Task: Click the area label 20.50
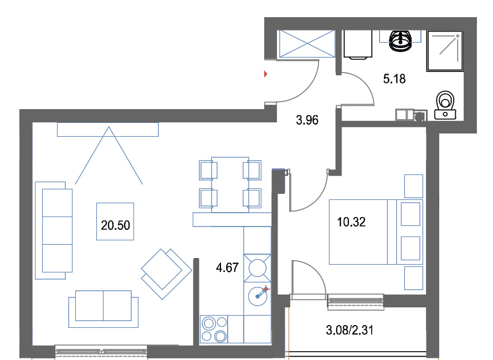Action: (115, 225)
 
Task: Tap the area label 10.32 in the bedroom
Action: (351, 222)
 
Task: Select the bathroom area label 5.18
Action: (394, 79)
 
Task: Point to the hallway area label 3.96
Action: (307, 120)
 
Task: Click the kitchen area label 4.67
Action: (227, 268)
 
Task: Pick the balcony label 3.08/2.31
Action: (350, 330)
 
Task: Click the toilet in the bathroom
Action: (445, 105)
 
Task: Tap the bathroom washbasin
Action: (400, 40)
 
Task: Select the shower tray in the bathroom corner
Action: (445, 50)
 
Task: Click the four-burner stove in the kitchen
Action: (214, 329)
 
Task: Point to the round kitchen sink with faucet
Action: (258, 296)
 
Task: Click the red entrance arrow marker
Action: (266, 74)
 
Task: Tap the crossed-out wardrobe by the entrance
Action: (307, 44)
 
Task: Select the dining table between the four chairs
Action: (230, 184)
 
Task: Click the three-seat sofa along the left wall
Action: (54, 230)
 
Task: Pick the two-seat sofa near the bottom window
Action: (103, 308)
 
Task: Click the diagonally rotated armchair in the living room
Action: (166, 274)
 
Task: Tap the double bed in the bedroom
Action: (376, 232)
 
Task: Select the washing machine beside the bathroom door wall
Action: (358, 44)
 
